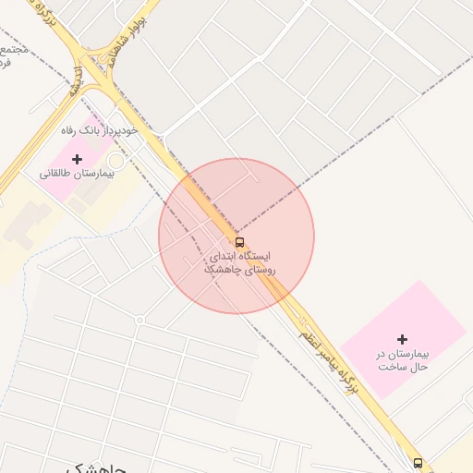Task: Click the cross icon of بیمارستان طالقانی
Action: [77, 159]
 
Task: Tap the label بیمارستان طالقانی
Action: [77, 174]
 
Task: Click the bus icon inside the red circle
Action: [240, 240]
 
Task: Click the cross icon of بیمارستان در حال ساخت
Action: [402, 340]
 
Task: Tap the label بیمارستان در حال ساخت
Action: [402, 360]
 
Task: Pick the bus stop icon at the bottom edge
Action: [418, 463]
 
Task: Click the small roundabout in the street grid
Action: [139, 320]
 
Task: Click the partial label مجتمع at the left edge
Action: [11, 48]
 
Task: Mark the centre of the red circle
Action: [236, 236]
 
